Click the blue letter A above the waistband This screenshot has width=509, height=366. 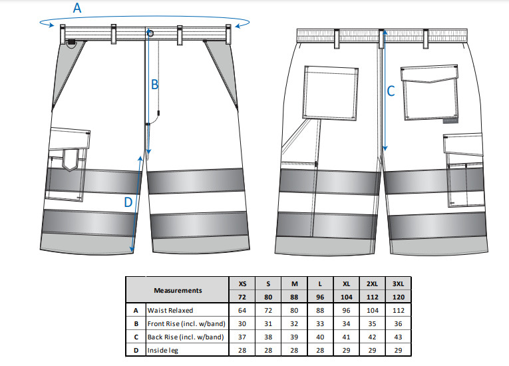(77, 9)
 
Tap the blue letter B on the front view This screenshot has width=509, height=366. (154, 85)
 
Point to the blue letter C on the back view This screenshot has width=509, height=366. (391, 91)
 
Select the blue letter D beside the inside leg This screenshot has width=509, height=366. (128, 202)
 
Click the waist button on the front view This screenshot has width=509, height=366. (150, 33)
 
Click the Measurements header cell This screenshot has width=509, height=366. (178, 290)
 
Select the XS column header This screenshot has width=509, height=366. (242, 284)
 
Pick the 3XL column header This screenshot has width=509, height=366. (399, 284)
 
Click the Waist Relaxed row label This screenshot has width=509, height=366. (170, 311)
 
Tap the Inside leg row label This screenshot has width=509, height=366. (163, 351)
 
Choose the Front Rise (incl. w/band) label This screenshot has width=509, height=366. (186, 324)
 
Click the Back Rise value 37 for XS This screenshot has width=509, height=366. (242, 337)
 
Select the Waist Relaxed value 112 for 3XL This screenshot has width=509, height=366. (399, 311)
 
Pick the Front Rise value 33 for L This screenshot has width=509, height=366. (321, 324)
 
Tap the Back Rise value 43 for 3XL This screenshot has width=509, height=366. (399, 337)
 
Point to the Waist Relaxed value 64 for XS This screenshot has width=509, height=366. (242, 311)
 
